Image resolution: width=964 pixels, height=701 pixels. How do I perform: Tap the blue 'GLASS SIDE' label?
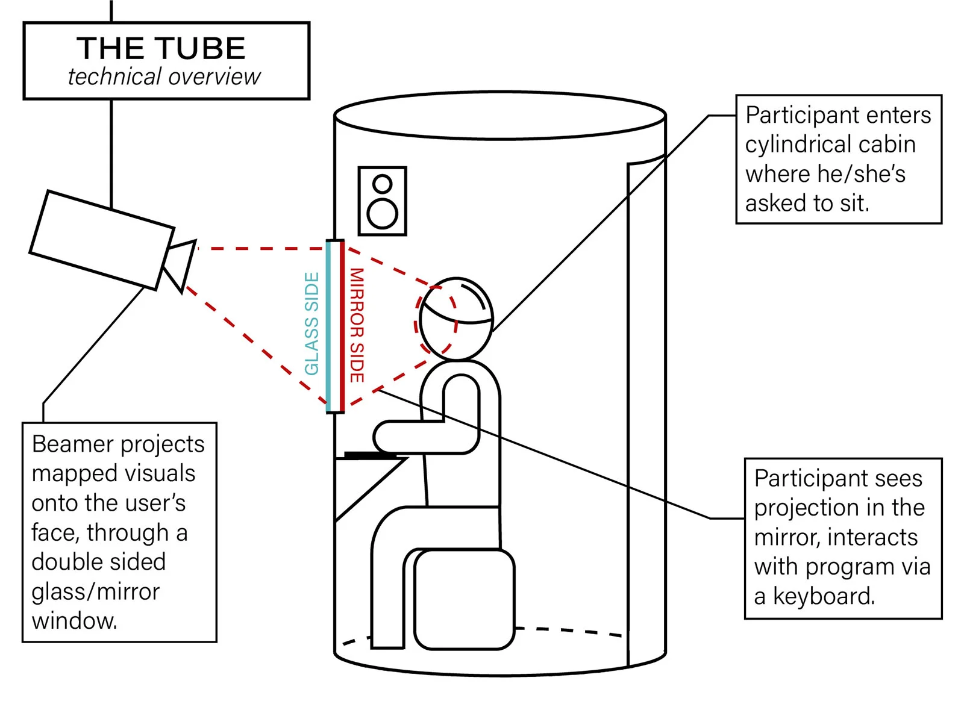[311, 323]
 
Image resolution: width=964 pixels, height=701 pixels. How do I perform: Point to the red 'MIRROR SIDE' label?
[357, 325]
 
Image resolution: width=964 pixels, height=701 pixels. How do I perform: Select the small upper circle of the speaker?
[383, 183]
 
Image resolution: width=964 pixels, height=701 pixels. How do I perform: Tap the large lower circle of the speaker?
[383, 213]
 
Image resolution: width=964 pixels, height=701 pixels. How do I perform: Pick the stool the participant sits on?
[464, 599]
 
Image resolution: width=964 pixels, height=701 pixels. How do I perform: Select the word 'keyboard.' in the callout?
[824, 596]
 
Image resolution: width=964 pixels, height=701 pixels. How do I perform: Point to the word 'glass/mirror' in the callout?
[95, 591]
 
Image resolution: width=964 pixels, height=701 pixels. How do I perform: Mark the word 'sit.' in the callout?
[854, 204]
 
